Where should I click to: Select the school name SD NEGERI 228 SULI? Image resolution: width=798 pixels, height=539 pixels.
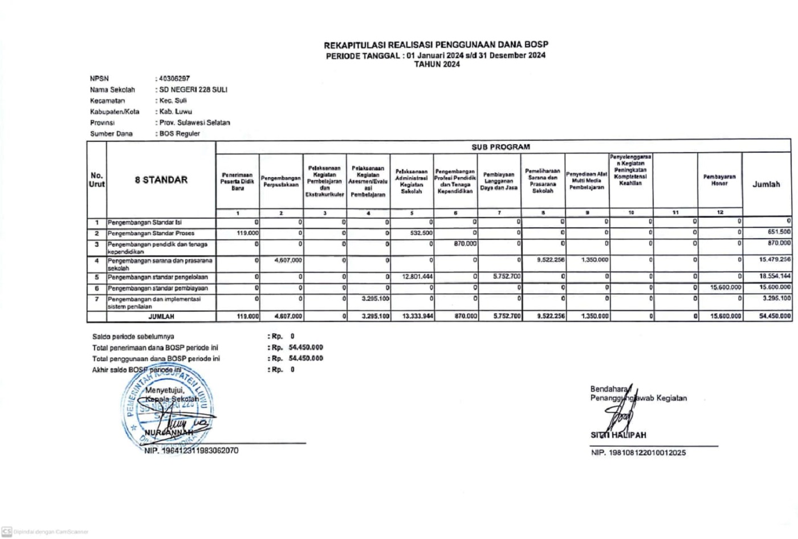(193, 89)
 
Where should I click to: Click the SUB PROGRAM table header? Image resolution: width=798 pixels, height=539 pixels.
(500, 146)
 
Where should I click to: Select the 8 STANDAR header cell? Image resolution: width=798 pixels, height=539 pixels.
(161, 179)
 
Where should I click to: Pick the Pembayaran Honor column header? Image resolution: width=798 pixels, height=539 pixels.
(719, 180)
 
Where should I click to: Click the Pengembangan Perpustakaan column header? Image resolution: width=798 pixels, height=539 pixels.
(280, 181)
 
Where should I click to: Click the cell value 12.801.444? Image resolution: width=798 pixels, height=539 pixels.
(418, 277)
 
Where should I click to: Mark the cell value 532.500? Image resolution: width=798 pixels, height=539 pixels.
(421, 233)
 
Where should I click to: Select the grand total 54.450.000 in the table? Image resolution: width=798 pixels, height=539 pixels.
(775, 316)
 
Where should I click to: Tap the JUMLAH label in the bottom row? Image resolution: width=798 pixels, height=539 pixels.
(161, 316)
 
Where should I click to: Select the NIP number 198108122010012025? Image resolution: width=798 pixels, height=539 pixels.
(638, 453)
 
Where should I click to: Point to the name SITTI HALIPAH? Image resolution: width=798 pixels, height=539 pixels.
(618, 435)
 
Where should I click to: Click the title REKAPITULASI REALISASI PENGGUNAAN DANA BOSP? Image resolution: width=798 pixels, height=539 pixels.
(436, 45)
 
